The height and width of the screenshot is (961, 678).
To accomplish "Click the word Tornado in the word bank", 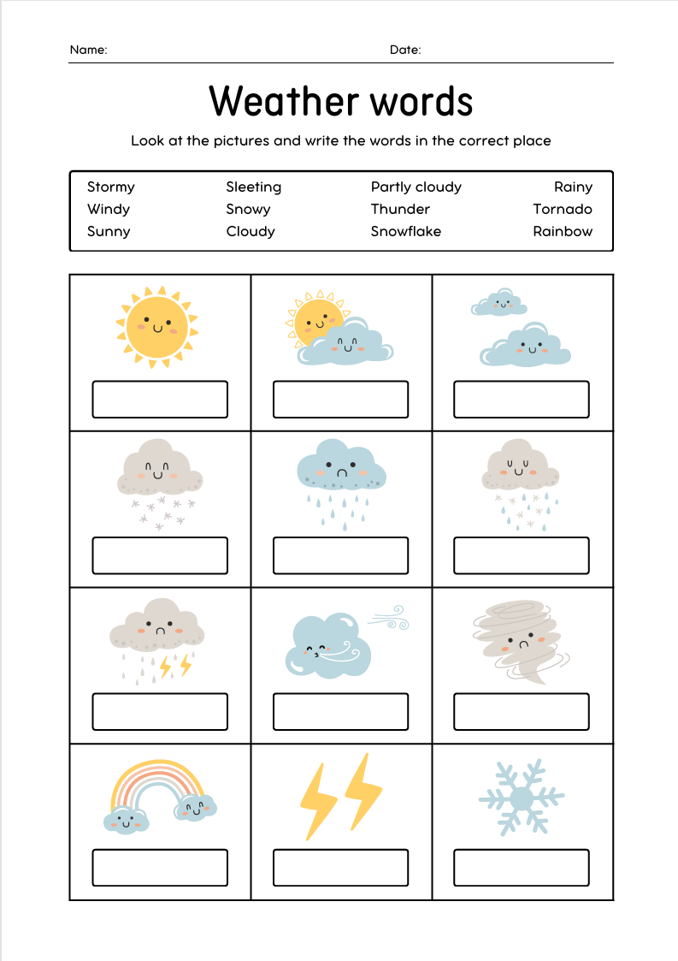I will click(x=562, y=209).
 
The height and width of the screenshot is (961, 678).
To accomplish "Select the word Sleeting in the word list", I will click(x=253, y=187).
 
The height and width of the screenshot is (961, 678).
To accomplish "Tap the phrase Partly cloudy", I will click(x=416, y=187).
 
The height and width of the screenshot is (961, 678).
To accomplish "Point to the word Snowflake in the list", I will click(x=405, y=231).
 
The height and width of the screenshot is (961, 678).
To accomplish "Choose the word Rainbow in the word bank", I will click(x=562, y=231).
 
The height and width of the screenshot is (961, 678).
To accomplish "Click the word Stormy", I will click(x=110, y=187).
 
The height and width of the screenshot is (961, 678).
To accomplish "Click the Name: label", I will click(x=88, y=50).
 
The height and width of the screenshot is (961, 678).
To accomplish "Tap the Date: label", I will click(x=405, y=50).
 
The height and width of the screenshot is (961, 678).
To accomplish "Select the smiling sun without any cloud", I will click(x=156, y=326).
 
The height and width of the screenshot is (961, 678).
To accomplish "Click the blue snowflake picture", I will click(x=522, y=798).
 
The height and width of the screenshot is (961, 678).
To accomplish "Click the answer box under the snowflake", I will click(x=522, y=868).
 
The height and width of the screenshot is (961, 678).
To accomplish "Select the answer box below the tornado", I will click(x=522, y=712).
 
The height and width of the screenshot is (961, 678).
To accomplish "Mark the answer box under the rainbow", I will click(x=160, y=868).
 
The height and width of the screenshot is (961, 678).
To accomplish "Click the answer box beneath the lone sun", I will click(x=160, y=400).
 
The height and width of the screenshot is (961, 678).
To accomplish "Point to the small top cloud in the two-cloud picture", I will click(x=499, y=303).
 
